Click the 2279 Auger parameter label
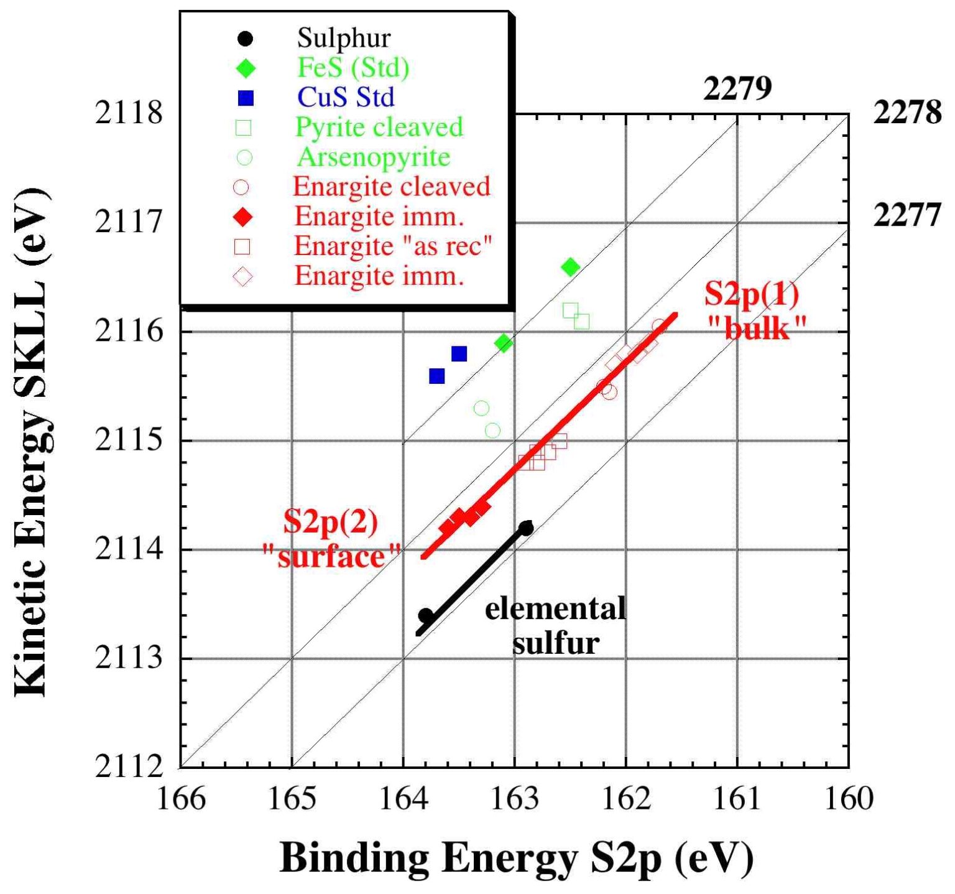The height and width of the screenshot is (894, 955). click(x=737, y=89)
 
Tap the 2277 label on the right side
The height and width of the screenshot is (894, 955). click(x=907, y=216)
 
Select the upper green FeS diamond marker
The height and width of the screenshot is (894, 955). click(x=570, y=267)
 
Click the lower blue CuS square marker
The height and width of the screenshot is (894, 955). click(x=437, y=376)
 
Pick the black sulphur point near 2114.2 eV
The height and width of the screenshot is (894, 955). click(x=526, y=528)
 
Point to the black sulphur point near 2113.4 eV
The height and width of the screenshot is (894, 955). click(x=426, y=616)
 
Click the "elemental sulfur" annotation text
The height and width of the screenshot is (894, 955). click(x=555, y=625)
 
